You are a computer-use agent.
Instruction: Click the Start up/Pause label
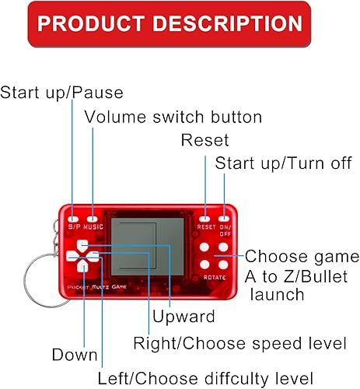point(61,93)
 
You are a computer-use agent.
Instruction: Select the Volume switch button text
point(173,117)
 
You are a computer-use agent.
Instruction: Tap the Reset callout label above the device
point(204,140)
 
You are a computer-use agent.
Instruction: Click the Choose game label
point(302,257)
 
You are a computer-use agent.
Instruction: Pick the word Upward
point(183,318)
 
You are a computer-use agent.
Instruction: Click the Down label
point(75,356)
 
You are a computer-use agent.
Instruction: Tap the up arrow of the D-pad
point(82,247)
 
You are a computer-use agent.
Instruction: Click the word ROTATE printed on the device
point(215,277)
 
